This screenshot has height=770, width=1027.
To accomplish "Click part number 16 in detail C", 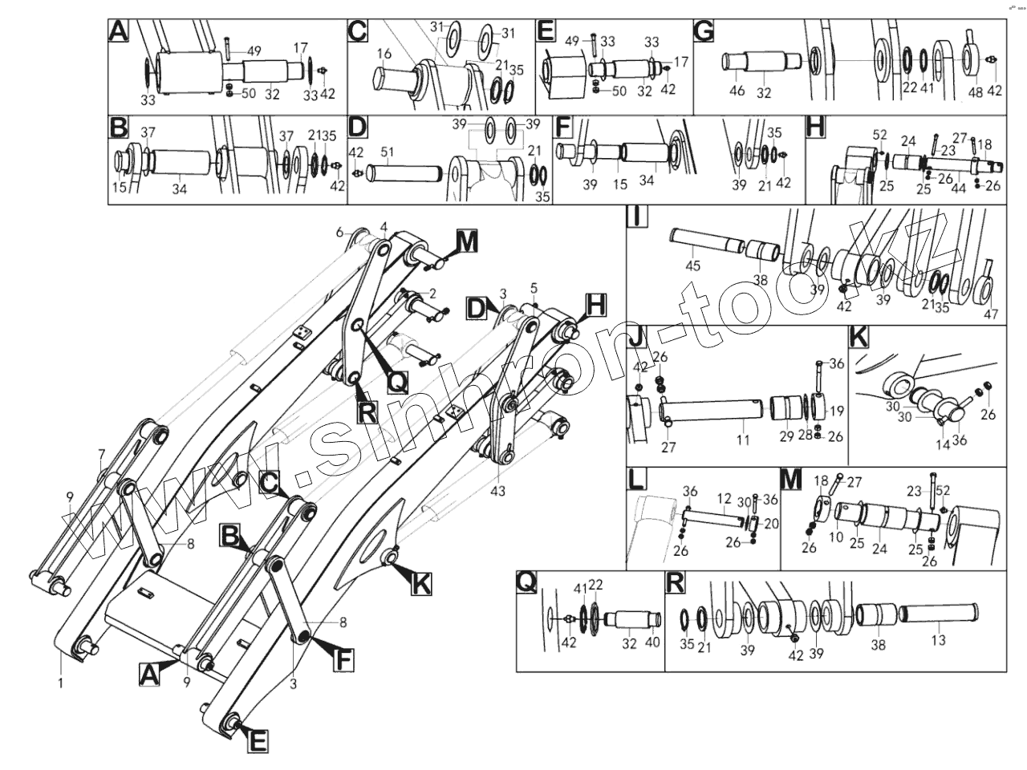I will (384, 54).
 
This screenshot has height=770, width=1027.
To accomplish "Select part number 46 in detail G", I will (737, 91).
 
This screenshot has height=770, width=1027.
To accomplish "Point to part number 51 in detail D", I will (387, 152).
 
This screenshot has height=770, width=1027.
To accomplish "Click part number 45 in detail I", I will (692, 265).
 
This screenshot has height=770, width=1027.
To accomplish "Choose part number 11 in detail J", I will (743, 440).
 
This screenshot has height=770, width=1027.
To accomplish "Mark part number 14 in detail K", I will (941, 443).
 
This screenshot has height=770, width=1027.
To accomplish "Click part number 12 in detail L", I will (725, 498).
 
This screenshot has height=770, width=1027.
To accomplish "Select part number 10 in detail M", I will (836, 537).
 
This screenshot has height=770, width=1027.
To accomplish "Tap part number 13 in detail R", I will (937, 640).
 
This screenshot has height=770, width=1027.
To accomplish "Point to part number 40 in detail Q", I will (652, 642).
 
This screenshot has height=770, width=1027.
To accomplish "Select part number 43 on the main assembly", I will (498, 491).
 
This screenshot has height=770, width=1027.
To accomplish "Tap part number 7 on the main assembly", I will (102, 454).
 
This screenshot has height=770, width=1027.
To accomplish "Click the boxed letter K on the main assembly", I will (420, 585).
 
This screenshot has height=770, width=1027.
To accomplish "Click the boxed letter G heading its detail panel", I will (703, 31).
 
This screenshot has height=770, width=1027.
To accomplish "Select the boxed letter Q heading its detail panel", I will (526, 583).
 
